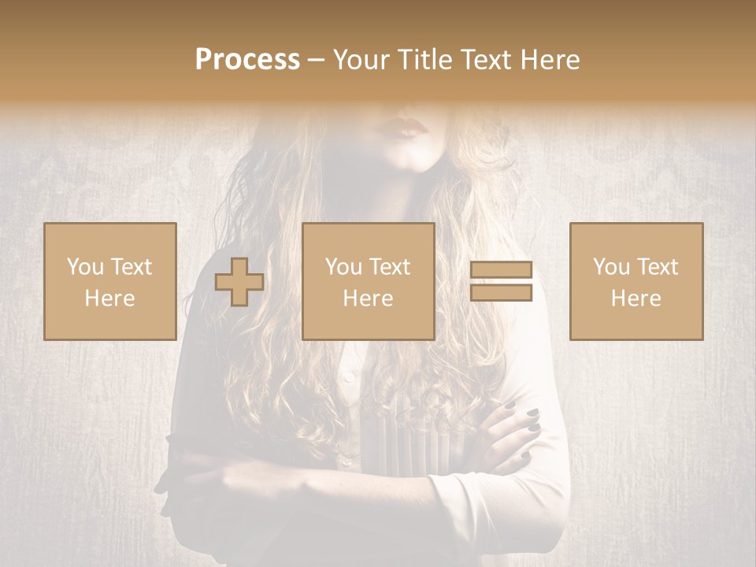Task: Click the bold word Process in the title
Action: click(247, 60)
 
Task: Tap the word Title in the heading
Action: click(426, 60)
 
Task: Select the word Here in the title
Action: click(550, 60)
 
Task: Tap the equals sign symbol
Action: click(501, 281)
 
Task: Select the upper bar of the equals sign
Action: click(501, 270)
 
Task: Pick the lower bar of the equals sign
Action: click(501, 292)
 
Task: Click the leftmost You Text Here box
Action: click(110, 281)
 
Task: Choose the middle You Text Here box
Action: click(369, 281)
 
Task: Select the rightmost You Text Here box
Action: click(636, 281)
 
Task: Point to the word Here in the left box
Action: click(110, 298)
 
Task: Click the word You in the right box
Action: click(611, 267)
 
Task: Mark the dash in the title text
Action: click(317, 61)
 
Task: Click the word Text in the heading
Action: click(485, 60)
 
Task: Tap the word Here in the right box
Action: click(636, 298)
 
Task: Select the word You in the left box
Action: click(85, 267)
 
